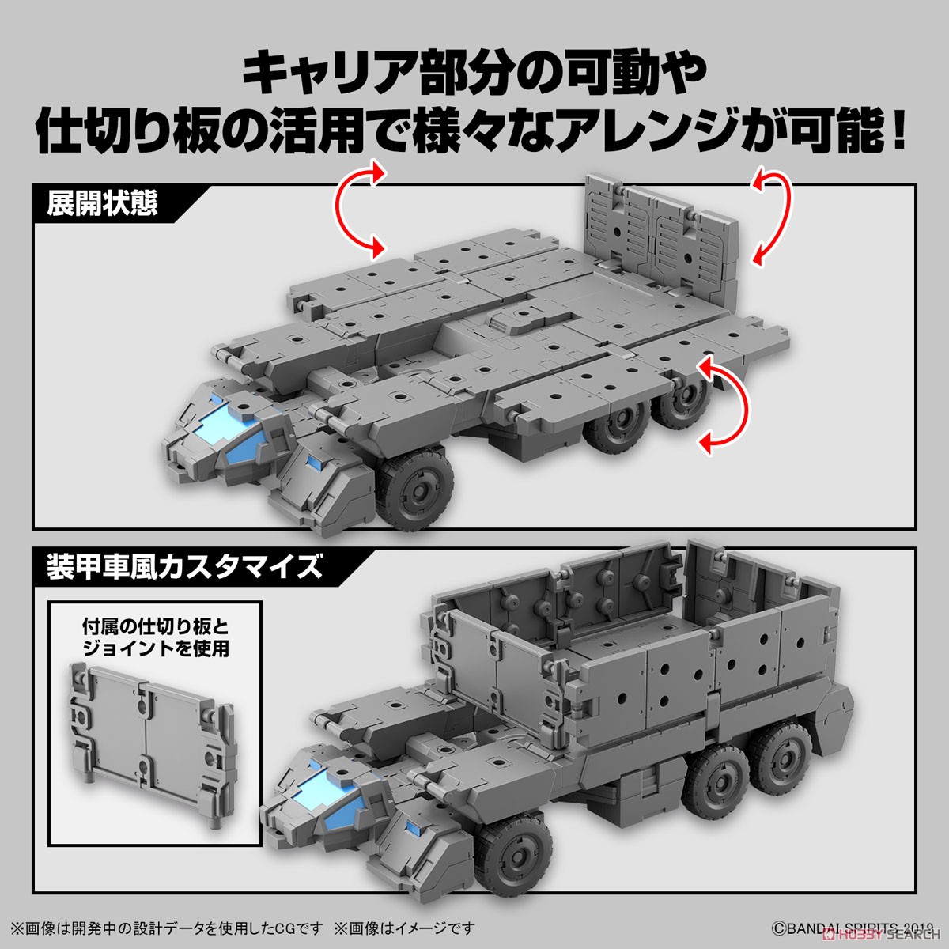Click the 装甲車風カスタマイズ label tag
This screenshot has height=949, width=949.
[183, 568]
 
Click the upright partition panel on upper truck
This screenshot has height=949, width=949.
[665, 225]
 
